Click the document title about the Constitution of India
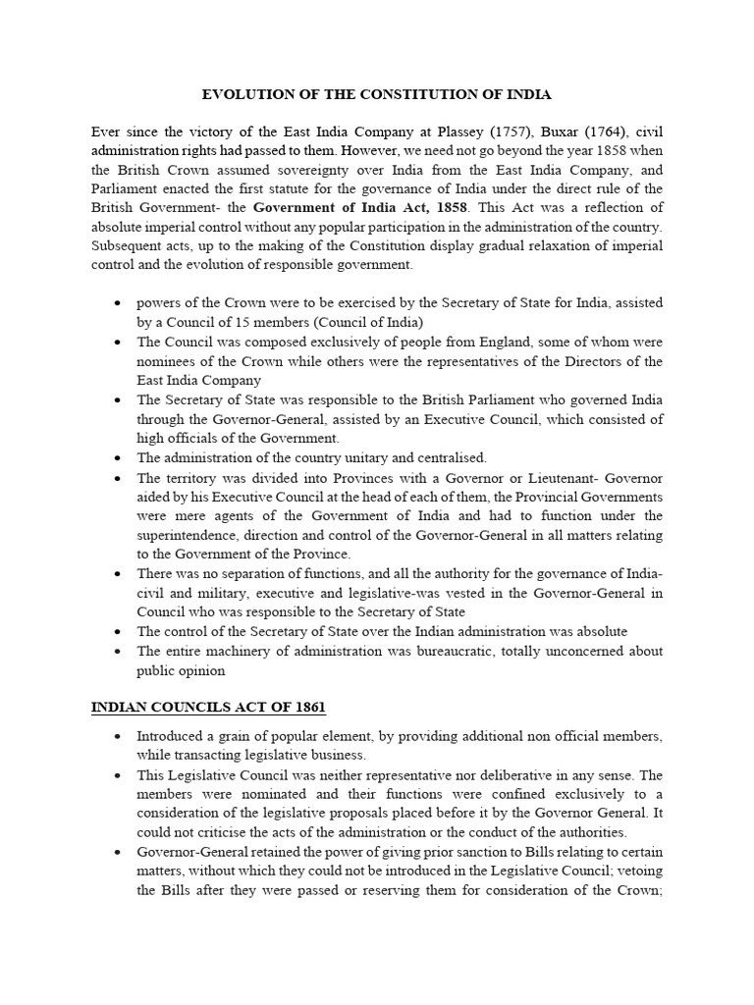[377, 95]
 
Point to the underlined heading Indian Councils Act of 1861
[208, 707]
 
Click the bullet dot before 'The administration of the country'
[118, 458]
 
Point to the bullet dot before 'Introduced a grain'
[118, 737]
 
